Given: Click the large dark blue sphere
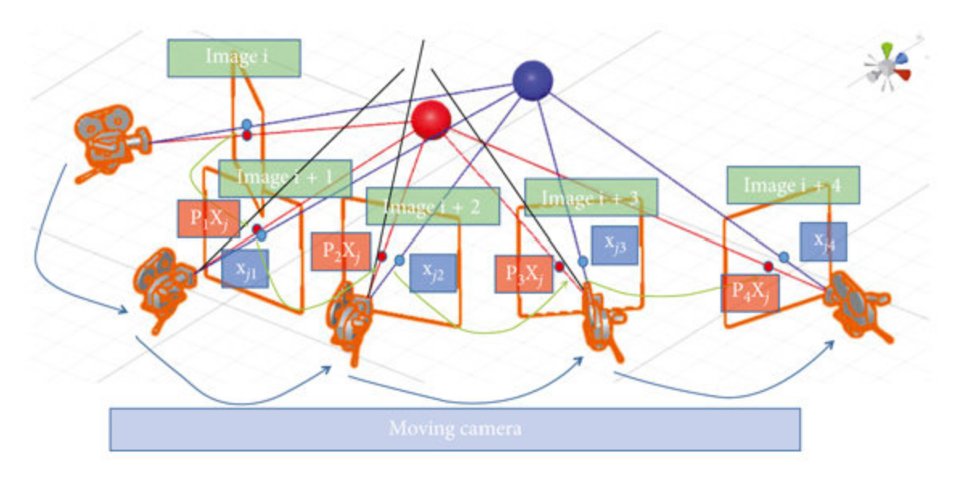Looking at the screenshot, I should coord(532,80).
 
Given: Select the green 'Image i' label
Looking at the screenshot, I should coord(234,58).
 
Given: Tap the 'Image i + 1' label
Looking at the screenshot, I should coord(285,178).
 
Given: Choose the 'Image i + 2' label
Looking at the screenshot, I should coord(433,205).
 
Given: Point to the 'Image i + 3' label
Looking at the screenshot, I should coord(591,197).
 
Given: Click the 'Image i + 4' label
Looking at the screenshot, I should coord(793,185).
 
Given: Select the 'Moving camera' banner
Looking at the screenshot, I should coord(454,428).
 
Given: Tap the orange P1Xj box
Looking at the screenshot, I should coord(208,218).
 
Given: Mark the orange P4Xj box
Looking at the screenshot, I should coord(749,293).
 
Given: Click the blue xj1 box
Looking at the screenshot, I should coord(244,270).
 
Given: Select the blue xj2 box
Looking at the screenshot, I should coord(433,273).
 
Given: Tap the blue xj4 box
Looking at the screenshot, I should coord(823,241).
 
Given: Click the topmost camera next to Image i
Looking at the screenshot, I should coord(110,141).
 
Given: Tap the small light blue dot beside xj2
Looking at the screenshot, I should coord(399,260).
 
